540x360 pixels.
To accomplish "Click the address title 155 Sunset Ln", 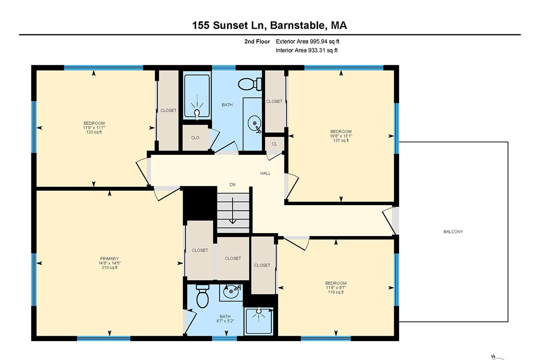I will point(270,25).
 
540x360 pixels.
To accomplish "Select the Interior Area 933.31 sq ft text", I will point(306,50).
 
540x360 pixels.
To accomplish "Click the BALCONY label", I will point(453,232).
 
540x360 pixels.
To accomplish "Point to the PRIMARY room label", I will point(109,259).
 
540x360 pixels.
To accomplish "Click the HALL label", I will point(265,173).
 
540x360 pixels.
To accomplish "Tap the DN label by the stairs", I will point(232,184).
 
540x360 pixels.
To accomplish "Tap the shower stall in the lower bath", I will point(259,321).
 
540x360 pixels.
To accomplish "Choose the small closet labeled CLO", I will point(195,138).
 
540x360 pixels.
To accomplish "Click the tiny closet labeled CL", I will point(274,144).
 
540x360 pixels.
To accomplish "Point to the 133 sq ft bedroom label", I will point(94,128).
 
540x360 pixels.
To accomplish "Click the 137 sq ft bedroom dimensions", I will point(341,136).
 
